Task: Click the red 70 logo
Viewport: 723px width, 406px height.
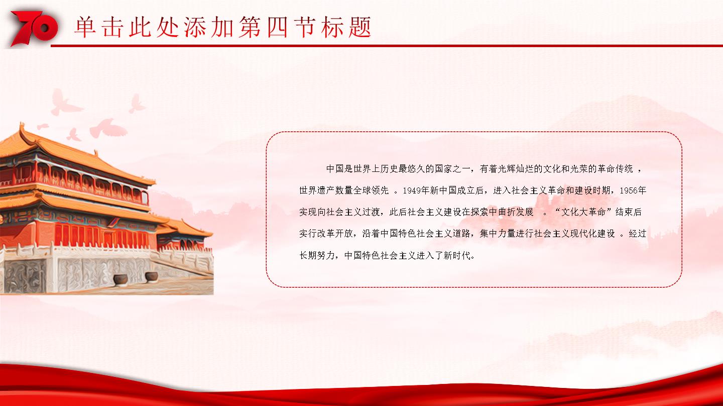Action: [x=34, y=28]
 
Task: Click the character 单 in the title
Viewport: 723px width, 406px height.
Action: [x=85, y=27]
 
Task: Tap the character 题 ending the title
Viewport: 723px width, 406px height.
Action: [x=360, y=27]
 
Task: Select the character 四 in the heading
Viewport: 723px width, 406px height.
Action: [x=278, y=27]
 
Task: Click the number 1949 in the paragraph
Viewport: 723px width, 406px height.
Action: [x=412, y=191]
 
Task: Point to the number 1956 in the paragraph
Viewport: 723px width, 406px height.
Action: [x=629, y=191]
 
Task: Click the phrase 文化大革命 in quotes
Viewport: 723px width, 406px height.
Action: [x=583, y=212]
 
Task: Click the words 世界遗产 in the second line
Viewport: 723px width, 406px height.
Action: [x=317, y=191]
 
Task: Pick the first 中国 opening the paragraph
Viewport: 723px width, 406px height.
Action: [x=335, y=169]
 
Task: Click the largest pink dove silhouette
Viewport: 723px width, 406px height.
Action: [x=107, y=128]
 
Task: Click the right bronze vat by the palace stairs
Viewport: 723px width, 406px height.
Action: [x=152, y=277]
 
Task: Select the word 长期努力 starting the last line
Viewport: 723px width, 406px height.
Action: [x=317, y=256]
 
